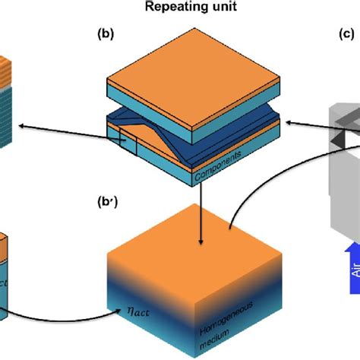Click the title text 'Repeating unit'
pyautogui.click(x=179, y=11)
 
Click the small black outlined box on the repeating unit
pyautogui.click(x=117, y=140)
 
